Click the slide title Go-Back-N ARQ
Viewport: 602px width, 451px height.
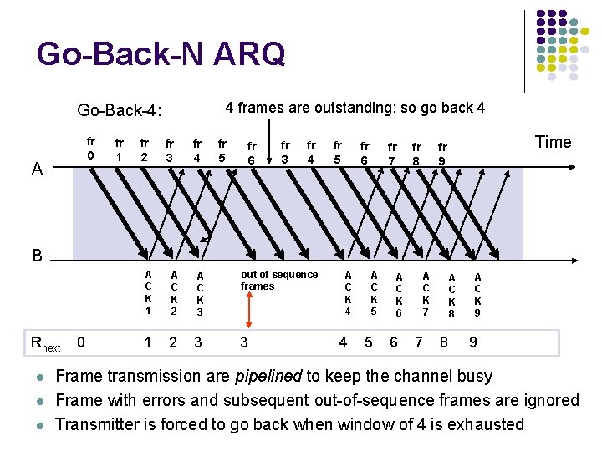click(161, 55)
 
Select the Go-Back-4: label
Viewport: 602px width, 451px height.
click(119, 110)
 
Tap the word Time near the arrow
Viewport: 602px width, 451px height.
click(553, 142)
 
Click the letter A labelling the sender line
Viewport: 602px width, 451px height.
click(37, 170)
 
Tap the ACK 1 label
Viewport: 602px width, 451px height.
click(148, 292)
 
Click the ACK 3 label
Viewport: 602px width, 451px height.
click(200, 295)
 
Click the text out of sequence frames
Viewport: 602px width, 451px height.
click(278, 281)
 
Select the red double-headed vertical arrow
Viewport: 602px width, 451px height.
click(247, 299)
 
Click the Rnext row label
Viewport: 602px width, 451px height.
click(45, 342)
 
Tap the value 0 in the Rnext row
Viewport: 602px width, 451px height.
click(80, 341)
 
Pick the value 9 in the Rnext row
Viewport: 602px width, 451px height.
click(473, 342)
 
